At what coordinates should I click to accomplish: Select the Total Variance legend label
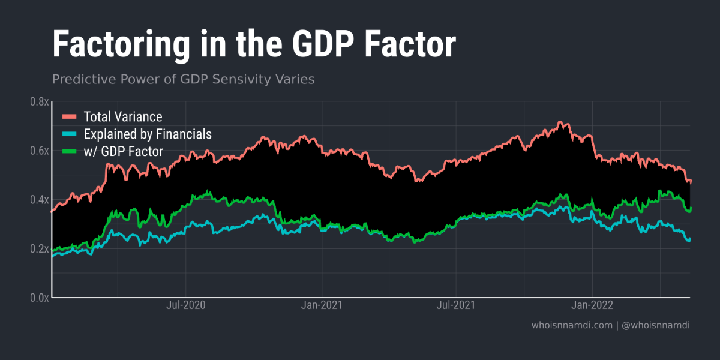click(x=123, y=116)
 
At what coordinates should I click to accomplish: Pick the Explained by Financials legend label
click(x=148, y=134)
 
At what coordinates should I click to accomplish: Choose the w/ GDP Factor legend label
click(x=123, y=151)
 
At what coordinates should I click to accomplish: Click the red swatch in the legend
click(x=70, y=116)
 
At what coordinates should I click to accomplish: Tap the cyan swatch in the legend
click(x=70, y=134)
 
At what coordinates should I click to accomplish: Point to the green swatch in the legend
click(x=70, y=151)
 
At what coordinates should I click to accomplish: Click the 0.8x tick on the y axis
click(x=39, y=102)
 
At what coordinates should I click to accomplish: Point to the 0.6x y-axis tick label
click(x=39, y=151)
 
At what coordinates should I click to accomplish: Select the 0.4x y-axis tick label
click(x=39, y=200)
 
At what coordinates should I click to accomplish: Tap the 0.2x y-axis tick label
click(x=39, y=248)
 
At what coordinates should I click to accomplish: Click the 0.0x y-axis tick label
click(x=39, y=298)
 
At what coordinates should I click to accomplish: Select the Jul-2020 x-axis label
click(x=185, y=305)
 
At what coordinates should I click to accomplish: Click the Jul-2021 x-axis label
click(x=455, y=305)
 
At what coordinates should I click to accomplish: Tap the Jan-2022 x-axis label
click(x=592, y=305)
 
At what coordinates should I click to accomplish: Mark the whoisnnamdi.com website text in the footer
click(x=572, y=325)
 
